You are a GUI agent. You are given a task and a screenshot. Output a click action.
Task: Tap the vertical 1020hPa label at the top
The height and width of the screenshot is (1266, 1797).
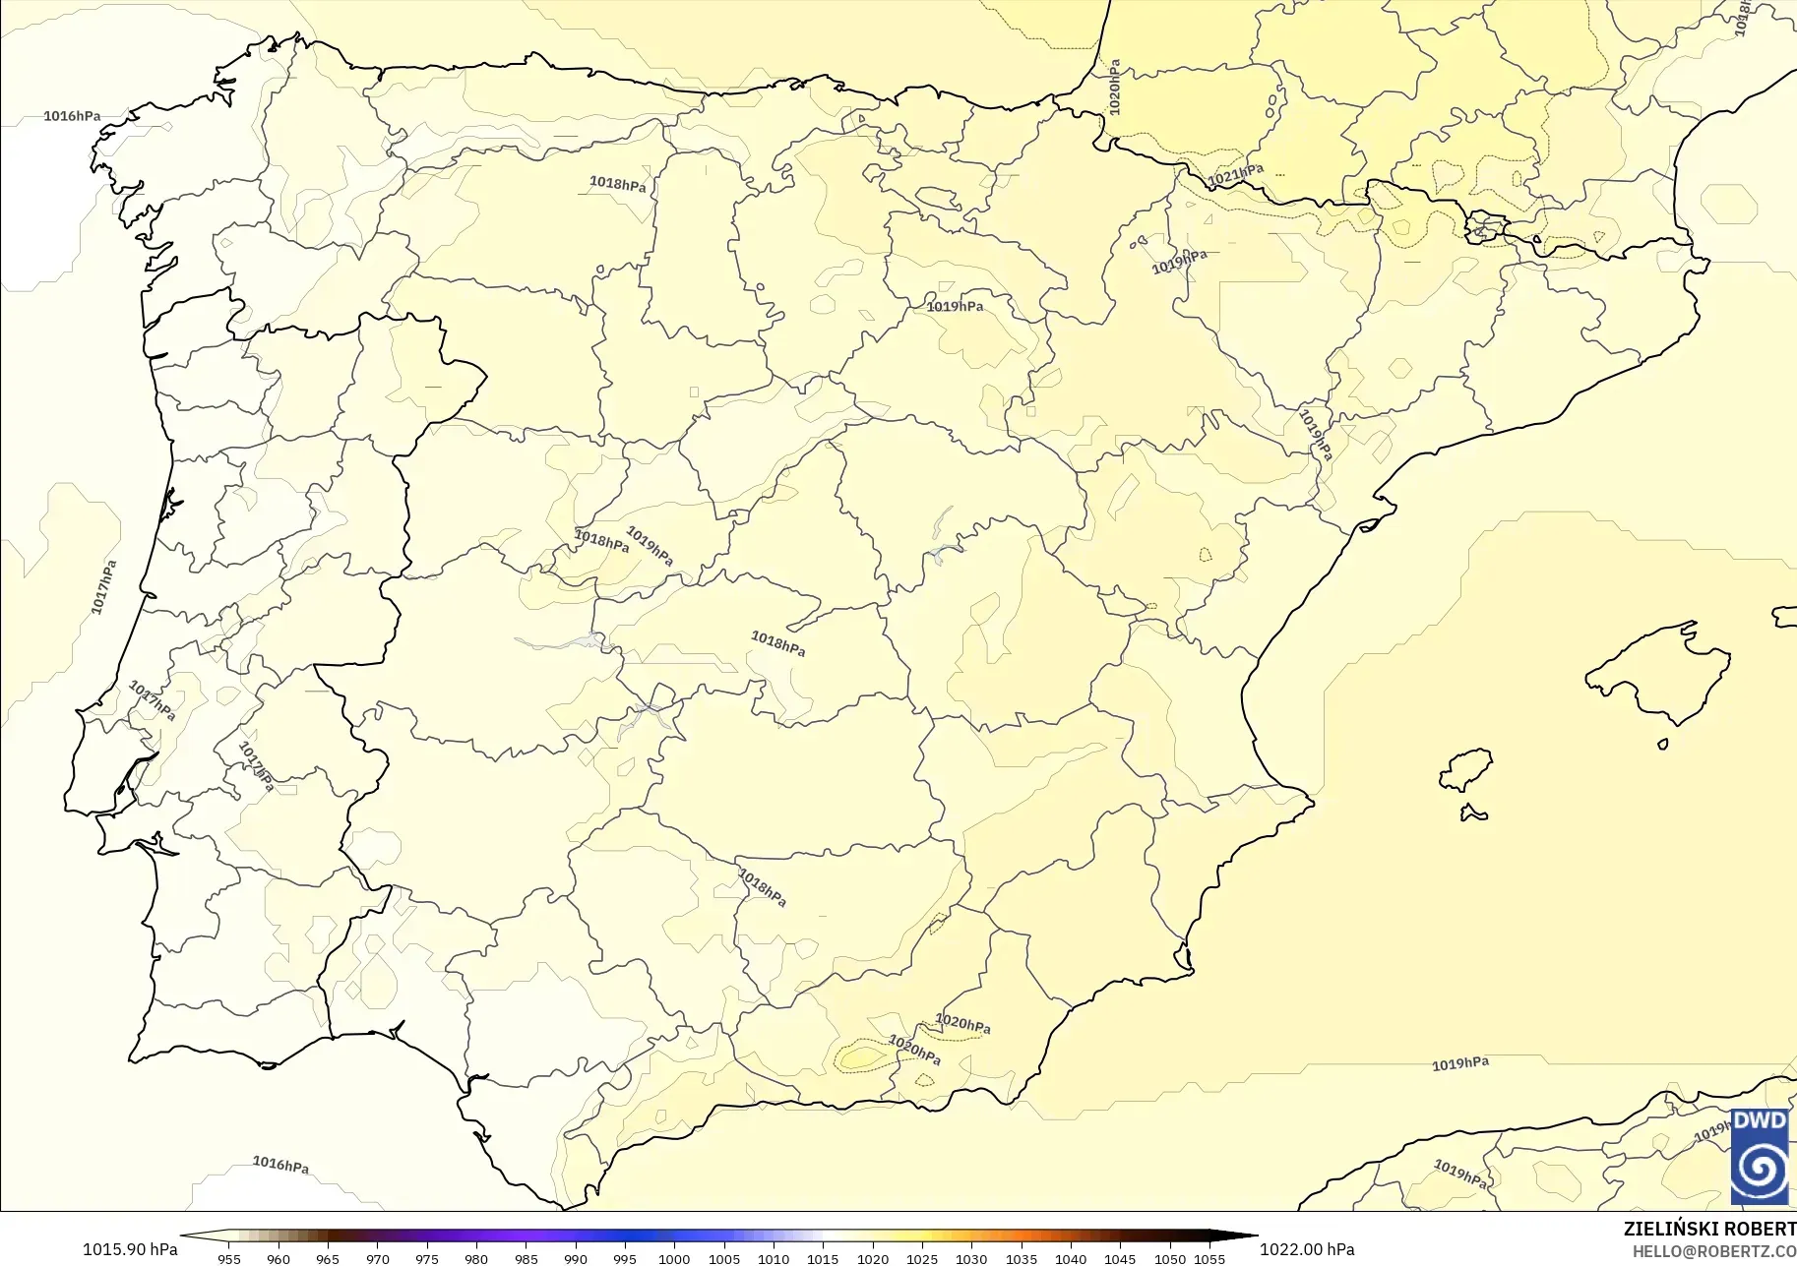pyautogui.click(x=1114, y=88)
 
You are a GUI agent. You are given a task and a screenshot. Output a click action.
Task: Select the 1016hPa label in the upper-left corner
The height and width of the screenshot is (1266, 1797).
pyautogui.click(x=72, y=116)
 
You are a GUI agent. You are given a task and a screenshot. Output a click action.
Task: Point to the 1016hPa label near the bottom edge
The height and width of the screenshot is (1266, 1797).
pyautogui.click(x=280, y=1165)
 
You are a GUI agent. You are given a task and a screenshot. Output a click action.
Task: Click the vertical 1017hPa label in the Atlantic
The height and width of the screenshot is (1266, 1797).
pyautogui.click(x=104, y=587)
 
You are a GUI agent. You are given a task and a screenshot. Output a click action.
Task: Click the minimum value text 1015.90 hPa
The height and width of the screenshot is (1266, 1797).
pyautogui.click(x=130, y=1249)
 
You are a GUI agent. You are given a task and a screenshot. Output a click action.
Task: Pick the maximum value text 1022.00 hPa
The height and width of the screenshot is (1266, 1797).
pyautogui.click(x=1307, y=1249)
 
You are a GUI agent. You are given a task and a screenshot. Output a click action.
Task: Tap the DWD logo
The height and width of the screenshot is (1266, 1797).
pyautogui.click(x=1760, y=1156)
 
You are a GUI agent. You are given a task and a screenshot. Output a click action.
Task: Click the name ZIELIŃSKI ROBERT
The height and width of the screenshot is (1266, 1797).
pyautogui.click(x=1709, y=1229)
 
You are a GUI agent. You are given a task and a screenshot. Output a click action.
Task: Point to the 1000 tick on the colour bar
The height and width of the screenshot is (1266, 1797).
pyautogui.click(x=674, y=1258)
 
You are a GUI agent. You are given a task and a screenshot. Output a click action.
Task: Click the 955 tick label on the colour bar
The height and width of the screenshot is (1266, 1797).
pyautogui.click(x=229, y=1258)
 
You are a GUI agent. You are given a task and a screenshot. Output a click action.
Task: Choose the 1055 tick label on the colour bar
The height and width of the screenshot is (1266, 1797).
pyautogui.click(x=1209, y=1258)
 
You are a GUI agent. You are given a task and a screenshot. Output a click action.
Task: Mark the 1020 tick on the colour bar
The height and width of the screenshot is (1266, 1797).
pyautogui.click(x=873, y=1258)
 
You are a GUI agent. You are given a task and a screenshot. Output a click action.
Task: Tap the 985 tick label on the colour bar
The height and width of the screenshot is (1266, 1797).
pyautogui.click(x=527, y=1258)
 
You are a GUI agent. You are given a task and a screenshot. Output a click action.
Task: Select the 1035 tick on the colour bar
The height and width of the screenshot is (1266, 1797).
pyautogui.click(x=1022, y=1258)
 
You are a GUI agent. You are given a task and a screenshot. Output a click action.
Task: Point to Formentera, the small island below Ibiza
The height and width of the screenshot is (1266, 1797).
pyautogui.click(x=1473, y=813)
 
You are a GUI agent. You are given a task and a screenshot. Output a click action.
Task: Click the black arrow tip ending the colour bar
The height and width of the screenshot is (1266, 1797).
pyautogui.click(x=1250, y=1236)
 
